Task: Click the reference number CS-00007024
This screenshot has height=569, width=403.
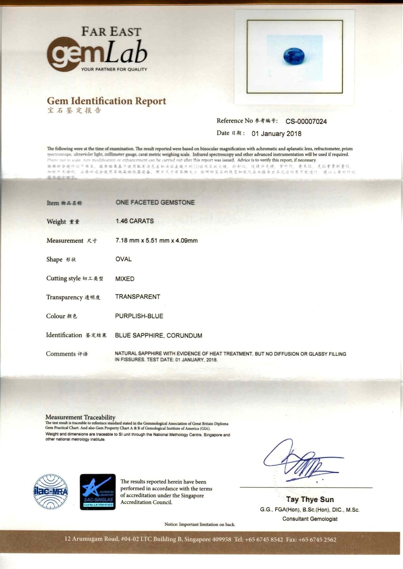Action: click(x=306, y=121)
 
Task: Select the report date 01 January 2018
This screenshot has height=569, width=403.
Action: click(x=276, y=134)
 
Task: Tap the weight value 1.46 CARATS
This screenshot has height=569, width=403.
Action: click(x=135, y=221)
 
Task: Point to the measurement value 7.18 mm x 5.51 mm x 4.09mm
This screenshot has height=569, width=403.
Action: click(x=156, y=241)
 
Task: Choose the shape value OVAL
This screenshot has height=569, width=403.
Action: click(x=123, y=259)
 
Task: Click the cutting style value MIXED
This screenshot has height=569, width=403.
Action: click(x=125, y=279)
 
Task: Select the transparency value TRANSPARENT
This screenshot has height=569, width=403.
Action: click(x=138, y=297)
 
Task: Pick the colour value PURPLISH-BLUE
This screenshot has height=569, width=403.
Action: click(x=139, y=316)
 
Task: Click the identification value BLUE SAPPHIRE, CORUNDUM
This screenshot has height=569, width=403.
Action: click(x=159, y=335)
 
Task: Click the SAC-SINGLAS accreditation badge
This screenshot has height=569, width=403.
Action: click(x=98, y=492)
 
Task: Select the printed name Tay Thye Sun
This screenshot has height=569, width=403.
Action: click(x=310, y=499)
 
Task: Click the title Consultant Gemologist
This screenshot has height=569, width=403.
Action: click(x=310, y=519)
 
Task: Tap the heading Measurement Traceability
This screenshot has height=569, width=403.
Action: click(x=80, y=417)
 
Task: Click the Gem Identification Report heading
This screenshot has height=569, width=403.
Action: click(x=107, y=101)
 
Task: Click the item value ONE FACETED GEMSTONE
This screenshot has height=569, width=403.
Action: click(x=155, y=202)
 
